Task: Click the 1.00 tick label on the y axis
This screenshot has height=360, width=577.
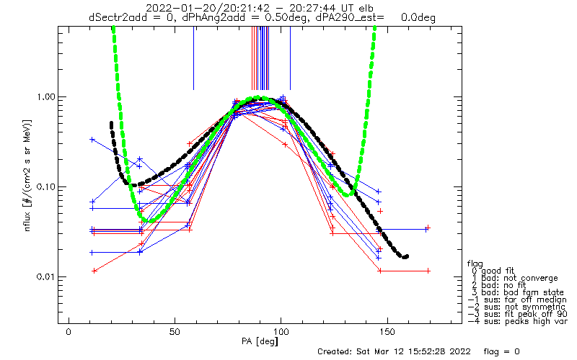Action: [45, 97]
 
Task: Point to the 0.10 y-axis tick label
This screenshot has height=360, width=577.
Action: [45, 187]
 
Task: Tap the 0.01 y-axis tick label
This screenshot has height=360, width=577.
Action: [45, 276]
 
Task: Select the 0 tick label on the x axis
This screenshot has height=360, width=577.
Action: [69, 332]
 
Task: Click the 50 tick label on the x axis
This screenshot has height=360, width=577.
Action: [175, 332]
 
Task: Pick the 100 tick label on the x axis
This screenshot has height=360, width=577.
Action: [281, 332]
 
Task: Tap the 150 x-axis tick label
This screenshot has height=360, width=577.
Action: [387, 332]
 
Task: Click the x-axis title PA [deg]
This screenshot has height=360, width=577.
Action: [260, 341]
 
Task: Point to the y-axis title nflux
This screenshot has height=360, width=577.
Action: [27, 217]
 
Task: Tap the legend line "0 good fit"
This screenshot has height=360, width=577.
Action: [493, 271]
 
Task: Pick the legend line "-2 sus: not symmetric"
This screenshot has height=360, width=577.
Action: [516, 307]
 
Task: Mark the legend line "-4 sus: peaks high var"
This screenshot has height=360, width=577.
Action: [517, 321]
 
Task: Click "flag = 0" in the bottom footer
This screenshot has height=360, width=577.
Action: [501, 351]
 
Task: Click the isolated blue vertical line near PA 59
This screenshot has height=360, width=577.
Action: [194, 58]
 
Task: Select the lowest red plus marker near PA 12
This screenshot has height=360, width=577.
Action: [94, 271]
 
